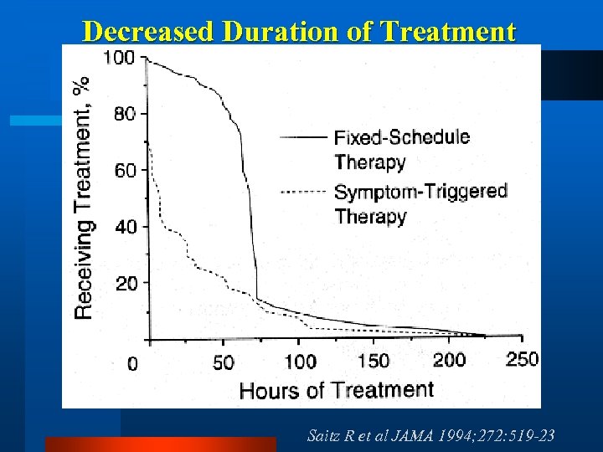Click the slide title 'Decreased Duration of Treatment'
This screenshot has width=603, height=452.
click(300, 31)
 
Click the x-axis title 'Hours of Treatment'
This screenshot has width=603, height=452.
click(337, 389)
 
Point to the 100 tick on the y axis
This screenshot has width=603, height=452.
click(119, 58)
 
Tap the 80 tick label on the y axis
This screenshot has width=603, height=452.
click(125, 114)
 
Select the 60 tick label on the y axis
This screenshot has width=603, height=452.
click(125, 170)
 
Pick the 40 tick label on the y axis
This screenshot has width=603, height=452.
click(125, 227)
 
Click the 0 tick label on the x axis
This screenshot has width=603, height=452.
click(132, 364)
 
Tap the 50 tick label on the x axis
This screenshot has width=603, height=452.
click(223, 362)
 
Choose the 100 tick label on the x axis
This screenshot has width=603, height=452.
click(300, 362)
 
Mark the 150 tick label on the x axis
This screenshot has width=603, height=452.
click(374, 361)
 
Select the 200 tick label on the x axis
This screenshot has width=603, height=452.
click(449, 360)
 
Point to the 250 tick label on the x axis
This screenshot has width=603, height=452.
click(522, 359)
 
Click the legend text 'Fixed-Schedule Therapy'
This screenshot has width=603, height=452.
click(401, 149)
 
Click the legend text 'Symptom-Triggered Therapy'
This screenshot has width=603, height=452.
click(420, 203)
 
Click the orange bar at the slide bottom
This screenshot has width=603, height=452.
click(160, 444)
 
